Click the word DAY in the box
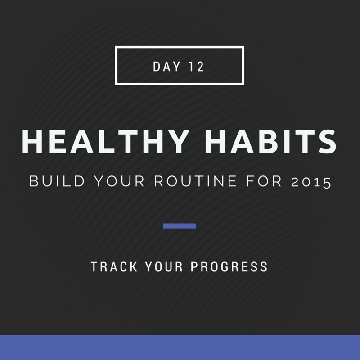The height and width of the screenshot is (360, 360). coord(166,67)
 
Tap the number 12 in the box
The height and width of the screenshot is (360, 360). coord(196,67)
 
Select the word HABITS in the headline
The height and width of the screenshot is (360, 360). coord(270,141)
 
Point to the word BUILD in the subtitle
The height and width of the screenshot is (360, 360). coord(57,181)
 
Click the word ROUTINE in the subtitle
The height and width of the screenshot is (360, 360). coord(195,181)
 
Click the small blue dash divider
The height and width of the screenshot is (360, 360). coord(179,226)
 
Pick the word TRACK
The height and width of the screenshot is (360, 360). coord(114,266)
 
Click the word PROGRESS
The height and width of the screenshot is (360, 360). coord(229,266)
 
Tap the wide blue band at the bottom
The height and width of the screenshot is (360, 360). coord(180,347)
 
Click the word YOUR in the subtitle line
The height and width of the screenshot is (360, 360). coord(119,181)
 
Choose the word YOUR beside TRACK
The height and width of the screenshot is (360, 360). coord(164,266)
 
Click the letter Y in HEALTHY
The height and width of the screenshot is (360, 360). coord(177,141)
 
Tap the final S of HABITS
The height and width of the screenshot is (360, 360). coord(327,141)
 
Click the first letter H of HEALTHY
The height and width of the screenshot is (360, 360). coord(32,141)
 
